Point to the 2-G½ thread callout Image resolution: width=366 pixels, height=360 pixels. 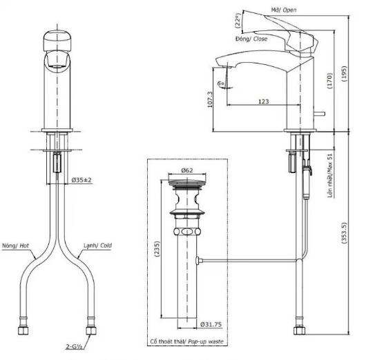(x=75, y=348)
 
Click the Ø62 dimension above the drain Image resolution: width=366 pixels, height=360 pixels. (x=186, y=170)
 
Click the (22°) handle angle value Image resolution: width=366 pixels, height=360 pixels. (x=237, y=22)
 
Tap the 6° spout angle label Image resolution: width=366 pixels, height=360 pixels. (x=221, y=83)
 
